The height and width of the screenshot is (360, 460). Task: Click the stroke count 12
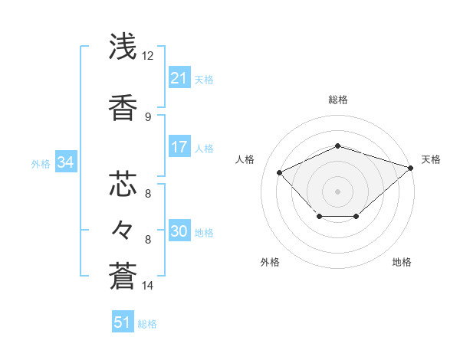148,56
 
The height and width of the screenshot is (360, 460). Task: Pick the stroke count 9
148,116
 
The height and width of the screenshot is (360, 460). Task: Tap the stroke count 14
148,286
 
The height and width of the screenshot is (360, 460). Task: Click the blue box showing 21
179,78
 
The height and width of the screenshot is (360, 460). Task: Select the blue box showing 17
179,147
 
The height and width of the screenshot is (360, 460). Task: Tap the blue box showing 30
179,231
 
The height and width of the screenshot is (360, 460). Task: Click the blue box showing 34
65,162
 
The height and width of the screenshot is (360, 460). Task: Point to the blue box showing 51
123,322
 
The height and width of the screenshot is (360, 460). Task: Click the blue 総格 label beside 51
147,324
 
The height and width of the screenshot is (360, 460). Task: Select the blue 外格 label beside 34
41,163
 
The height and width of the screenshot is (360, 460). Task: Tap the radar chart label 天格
431,159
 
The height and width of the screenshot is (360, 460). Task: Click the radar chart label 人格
245,159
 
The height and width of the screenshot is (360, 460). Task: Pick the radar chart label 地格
402,262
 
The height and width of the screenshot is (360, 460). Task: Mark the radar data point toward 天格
412,167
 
